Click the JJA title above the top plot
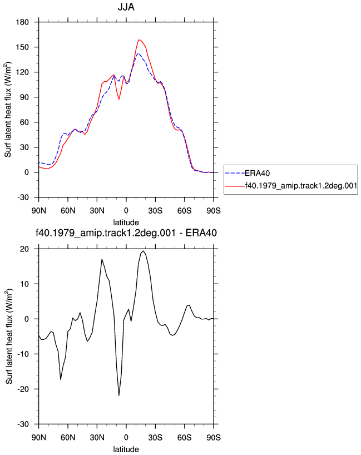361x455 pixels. click(126, 7)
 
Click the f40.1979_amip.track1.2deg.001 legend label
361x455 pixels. click(301, 186)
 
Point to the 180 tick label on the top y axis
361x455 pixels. click(22, 22)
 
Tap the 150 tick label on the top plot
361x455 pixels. click(22, 47)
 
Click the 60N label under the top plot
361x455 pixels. click(68, 211)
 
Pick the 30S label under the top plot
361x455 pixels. click(155, 211)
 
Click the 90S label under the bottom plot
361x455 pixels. click(214, 437)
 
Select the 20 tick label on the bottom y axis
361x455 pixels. click(24, 249)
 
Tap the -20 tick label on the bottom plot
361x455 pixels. click(23, 389)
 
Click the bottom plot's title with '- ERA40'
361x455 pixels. click(126, 233)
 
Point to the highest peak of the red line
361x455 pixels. click(139, 40)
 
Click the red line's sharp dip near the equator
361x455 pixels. click(118, 99)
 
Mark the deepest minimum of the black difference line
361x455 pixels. click(119, 395)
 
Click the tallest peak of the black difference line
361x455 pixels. click(143, 251)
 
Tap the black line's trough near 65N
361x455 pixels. click(61, 379)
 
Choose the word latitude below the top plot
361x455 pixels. click(126, 222)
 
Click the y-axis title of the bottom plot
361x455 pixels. click(9, 337)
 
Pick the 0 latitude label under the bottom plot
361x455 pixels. click(126, 437)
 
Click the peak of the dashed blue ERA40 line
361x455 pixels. click(139, 53)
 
